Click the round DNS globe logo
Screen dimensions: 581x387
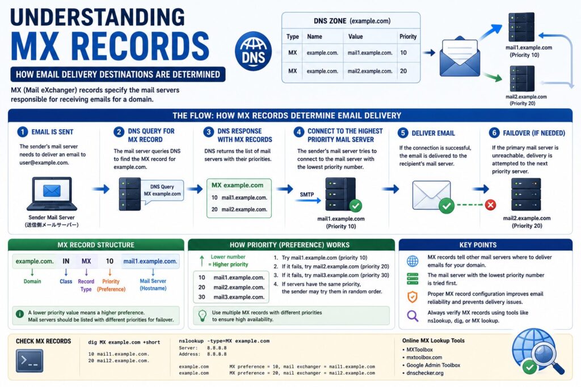(253, 51)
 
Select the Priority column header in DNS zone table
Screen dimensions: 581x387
(407, 37)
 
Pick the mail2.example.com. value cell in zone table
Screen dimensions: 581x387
(370, 71)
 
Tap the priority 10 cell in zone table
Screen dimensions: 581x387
(403, 53)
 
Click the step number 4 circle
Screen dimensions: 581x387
(298, 133)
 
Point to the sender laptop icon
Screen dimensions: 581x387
(52, 194)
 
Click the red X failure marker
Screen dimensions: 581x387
(491, 205)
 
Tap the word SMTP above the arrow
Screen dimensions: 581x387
(307, 194)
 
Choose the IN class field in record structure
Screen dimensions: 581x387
(66, 261)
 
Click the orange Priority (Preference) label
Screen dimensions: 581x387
(111, 285)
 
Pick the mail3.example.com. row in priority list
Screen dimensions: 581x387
(231, 297)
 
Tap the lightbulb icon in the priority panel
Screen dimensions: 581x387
(203, 316)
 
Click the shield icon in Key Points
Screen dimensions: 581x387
(412, 297)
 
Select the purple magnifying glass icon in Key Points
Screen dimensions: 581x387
(412, 316)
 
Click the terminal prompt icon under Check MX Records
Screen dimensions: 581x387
(30, 360)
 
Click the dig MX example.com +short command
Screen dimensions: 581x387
(124, 342)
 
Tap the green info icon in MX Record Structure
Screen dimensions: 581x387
(20, 314)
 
